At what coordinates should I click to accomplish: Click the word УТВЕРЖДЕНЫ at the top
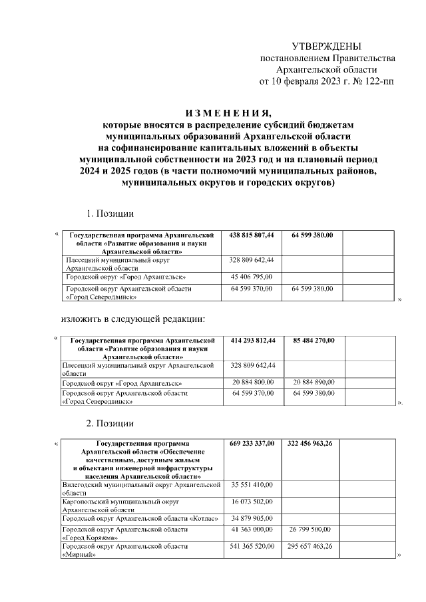pos(327,46)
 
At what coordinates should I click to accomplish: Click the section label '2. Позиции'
pos(110,423)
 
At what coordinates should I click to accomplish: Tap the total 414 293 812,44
pos(252,341)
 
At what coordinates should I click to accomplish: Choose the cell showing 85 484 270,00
pos(314,341)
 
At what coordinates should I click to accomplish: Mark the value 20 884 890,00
pos(314,382)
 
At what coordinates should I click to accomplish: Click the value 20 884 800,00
pos(252,382)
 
